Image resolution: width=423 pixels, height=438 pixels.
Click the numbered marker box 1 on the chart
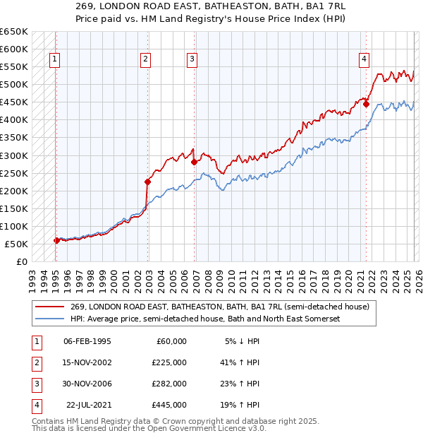pos(55,60)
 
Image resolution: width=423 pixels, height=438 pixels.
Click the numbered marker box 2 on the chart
pos(146,60)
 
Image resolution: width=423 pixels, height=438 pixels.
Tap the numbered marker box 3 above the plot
pos(192,60)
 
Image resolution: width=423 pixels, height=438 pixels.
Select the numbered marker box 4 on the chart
pos(364,60)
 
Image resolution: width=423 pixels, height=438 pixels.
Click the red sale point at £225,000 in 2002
pos(147,182)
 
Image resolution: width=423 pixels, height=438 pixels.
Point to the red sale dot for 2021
pos(366,103)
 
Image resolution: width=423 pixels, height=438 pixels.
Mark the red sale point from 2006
pos(194,162)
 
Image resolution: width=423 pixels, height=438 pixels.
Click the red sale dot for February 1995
pos(56,240)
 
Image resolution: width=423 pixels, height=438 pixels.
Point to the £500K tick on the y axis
pos(15,84)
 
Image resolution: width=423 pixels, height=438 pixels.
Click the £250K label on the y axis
pos(15,173)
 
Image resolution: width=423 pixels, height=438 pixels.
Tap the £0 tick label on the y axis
pos(21,261)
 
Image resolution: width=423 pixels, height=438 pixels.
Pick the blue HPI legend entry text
pos(205,319)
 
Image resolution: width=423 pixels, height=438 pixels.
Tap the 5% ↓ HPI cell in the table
pos(242,341)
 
